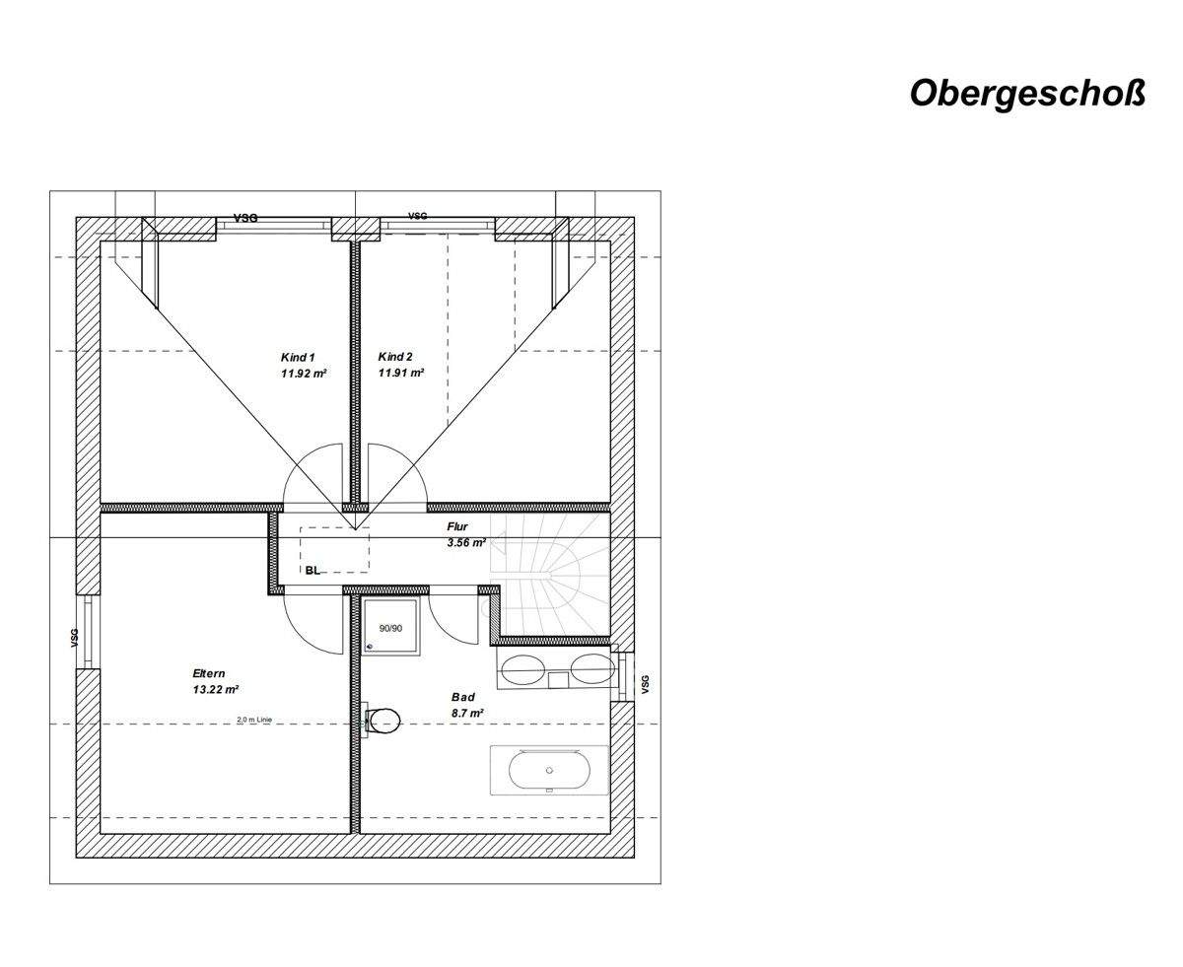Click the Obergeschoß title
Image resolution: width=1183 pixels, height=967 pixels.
point(1026,93)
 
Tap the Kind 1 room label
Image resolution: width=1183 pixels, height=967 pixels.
point(298,357)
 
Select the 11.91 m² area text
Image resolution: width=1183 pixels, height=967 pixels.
point(401,374)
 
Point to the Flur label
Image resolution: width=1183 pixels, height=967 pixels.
point(457,527)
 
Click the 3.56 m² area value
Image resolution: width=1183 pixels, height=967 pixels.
point(466,542)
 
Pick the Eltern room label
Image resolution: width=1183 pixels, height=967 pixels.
point(209,674)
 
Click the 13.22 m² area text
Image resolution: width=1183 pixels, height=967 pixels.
point(216,690)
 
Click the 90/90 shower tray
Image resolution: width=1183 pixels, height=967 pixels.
point(391,625)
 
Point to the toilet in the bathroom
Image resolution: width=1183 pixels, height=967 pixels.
point(383,721)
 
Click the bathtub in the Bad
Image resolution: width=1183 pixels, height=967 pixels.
point(549,769)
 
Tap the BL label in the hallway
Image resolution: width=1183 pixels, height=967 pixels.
point(313,570)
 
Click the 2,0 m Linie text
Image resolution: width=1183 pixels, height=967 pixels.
point(254,720)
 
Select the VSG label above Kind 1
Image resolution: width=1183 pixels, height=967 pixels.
point(245,218)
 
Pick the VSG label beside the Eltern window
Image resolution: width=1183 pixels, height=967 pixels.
point(74,639)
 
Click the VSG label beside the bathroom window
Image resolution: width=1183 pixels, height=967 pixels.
point(645,683)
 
